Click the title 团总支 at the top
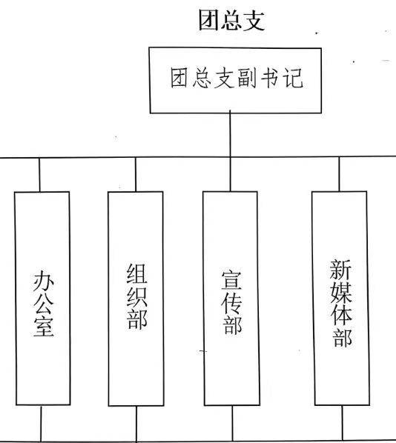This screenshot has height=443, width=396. tap(231, 20)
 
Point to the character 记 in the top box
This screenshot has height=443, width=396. tap(294, 78)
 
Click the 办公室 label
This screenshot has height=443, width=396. tap(44, 304)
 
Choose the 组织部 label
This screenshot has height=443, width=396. tap(137, 296)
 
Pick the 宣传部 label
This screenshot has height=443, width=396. tap(231, 302)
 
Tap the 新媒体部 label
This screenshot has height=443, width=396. tap(341, 303)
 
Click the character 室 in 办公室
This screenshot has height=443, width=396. tap(44, 326)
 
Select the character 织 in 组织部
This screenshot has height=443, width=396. tap(137, 296)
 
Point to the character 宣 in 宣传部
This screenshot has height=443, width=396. tap(231, 281)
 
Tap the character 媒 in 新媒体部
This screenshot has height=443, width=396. tap(341, 292)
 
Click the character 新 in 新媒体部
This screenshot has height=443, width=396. tap(340, 270)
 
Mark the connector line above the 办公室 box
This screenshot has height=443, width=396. tap(39, 175)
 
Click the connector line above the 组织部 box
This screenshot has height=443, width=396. tap(136, 175)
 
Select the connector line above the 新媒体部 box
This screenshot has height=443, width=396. tap(339, 174)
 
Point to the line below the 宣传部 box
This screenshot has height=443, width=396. tap(233, 423)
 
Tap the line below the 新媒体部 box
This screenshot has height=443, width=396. tap(343, 423)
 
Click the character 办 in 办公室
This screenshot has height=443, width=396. tap(44, 281)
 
